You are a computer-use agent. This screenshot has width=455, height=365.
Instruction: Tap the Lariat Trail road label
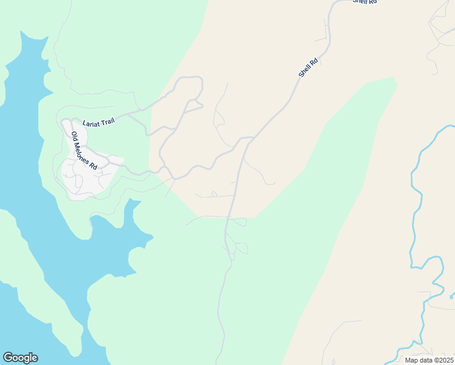[99, 122]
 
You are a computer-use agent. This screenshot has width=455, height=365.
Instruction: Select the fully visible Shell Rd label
[308, 68]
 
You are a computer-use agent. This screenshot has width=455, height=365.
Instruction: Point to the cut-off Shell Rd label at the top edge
[365, 2]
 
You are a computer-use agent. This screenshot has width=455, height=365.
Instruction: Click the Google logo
[20, 358]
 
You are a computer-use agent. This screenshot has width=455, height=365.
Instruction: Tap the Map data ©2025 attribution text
[428, 360]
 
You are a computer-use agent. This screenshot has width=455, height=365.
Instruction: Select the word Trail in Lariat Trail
[106, 122]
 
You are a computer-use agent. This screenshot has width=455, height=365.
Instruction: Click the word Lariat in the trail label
[91, 123]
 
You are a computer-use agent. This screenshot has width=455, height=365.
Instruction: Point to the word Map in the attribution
[411, 360]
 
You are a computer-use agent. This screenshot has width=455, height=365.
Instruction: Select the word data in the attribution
[425, 360]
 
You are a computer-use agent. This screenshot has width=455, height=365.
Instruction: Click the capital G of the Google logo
[8, 358]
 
